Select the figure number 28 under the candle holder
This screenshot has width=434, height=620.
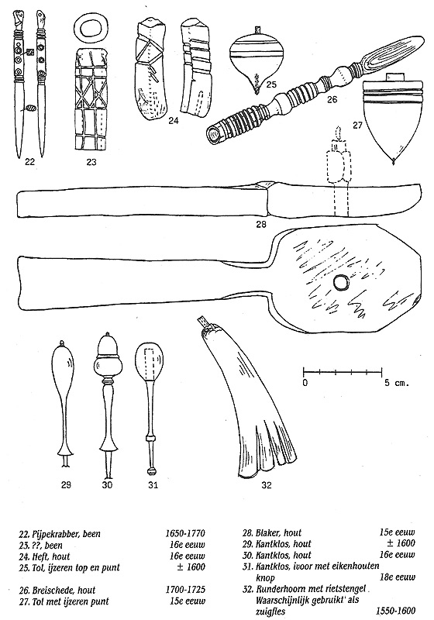[x=261, y=225]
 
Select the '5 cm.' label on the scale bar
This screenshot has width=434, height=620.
[x=396, y=383]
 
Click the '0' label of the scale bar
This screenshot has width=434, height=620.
[x=305, y=383]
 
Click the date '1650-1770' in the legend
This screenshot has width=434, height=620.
[x=185, y=533]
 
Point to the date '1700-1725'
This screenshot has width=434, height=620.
[x=185, y=590]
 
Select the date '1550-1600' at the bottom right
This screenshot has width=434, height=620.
[x=395, y=611]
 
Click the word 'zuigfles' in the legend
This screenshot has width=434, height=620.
[x=270, y=611]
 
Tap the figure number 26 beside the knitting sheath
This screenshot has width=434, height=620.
[x=332, y=99]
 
